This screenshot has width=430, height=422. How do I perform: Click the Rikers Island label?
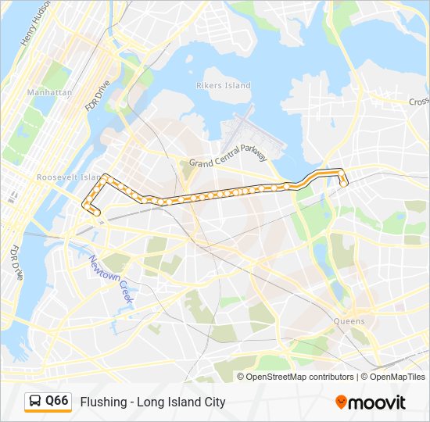[224, 85]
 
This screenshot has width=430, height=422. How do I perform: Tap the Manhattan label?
[50, 92]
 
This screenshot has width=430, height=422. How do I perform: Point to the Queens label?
[348, 321]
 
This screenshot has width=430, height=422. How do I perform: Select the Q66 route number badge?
[57, 402]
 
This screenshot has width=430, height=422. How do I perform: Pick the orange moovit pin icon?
[342, 402]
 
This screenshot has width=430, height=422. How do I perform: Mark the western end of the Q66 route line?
[97, 212]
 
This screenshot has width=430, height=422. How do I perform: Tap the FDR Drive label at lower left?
[15, 263]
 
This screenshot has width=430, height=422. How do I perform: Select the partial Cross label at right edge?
[418, 102]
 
